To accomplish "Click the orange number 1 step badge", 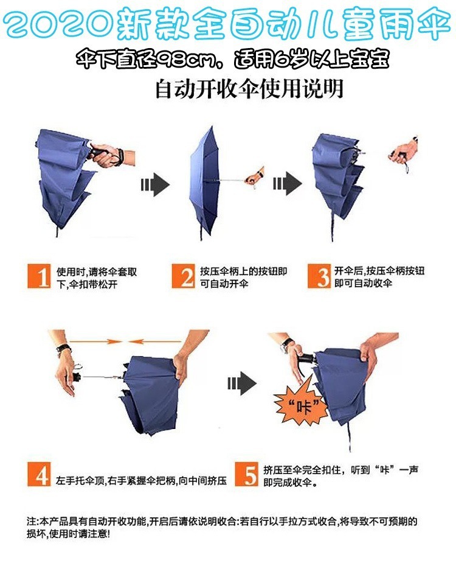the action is point(40,276).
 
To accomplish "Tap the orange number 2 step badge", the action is point(184,276).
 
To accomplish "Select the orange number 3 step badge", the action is point(319,276).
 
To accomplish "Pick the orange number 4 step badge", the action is point(39,474).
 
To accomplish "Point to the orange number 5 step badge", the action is point(246,474).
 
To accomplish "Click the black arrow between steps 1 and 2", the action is point(155,185).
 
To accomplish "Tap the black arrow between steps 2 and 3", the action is point(288,184).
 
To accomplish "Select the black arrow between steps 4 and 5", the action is point(242,383).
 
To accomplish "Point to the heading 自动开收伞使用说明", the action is point(249,89).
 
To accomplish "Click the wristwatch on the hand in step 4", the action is point(64,350).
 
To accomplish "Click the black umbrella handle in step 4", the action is point(76,376).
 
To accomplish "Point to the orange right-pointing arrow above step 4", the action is point(95,341).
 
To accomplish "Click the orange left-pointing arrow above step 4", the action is point(155,341).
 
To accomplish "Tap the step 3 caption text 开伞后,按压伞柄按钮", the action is point(379,271).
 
